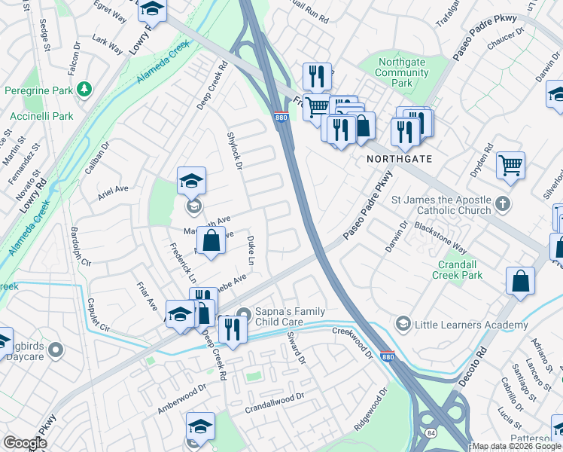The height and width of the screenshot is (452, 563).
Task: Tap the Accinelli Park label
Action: tap(41, 116)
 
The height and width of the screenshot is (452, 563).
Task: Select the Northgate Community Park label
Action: tap(402, 72)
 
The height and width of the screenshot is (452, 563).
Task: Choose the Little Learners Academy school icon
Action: tap(403, 324)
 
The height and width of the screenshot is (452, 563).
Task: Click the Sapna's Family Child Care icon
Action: tap(242, 314)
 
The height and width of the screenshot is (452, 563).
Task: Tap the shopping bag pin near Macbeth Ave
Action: tap(212, 242)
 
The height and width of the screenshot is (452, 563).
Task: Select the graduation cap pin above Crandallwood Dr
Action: tap(200, 426)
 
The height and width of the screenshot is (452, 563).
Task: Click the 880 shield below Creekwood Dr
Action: tap(387, 356)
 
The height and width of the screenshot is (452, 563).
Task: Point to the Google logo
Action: tap(26, 443)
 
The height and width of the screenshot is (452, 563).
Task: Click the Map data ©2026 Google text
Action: tap(516, 446)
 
